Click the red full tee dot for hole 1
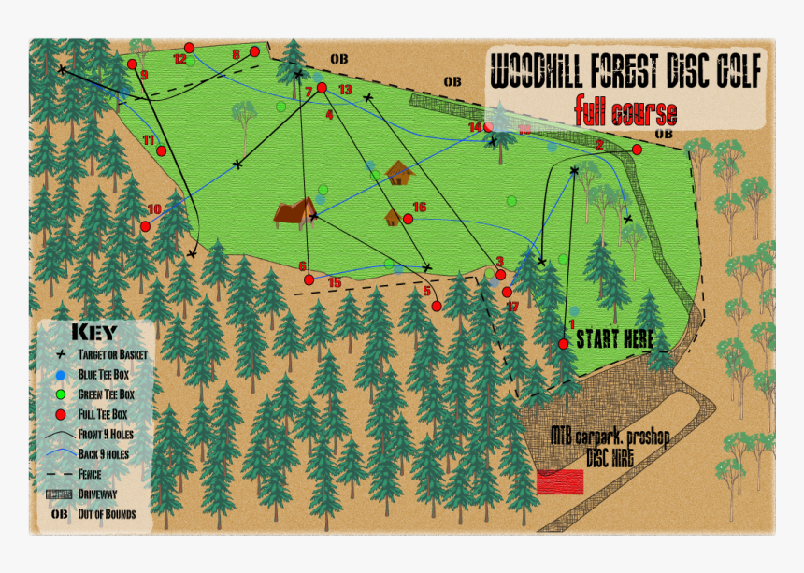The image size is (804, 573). pyautogui.click(x=564, y=344)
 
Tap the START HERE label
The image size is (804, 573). pyautogui.click(x=614, y=338)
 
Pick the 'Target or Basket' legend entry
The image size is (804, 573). pyautogui.click(x=112, y=355)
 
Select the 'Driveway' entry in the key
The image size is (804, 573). pyautogui.click(x=102, y=494)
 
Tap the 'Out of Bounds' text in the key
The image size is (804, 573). pyautogui.click(x=107, y=514)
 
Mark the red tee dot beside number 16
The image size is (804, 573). pyautogui.click(x=409, y=219)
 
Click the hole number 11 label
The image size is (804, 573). pyautogui.click(x=149, y=140)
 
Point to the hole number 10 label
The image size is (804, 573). pyautogui.click(x=154, y=209)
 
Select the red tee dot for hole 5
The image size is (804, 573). pyautogui.click(x=437, y=306)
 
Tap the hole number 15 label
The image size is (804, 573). pyautogui.click(x=334, y=282)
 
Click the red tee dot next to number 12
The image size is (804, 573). pyautogui.click(x=189, y=48)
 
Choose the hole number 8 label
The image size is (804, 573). pyautogui.click(x=236, y=54)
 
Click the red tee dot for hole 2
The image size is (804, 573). pyautogui.click(x=637, y=150)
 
